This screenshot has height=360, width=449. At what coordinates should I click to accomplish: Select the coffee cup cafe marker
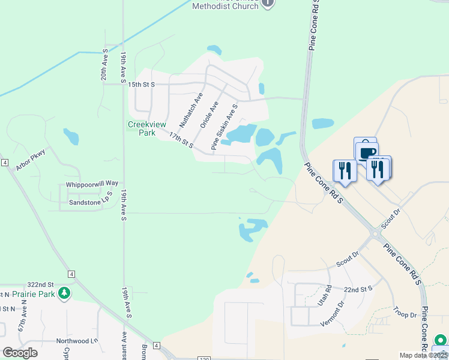[367, 152]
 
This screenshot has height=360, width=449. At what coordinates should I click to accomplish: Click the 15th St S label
[142, 85]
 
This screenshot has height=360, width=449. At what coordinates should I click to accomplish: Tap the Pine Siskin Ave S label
[224, 127]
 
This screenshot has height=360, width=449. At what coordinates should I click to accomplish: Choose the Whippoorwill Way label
[92, 183]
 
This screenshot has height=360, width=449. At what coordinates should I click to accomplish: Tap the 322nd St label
[40, 284]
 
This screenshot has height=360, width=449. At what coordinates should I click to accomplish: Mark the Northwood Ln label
[77, 341]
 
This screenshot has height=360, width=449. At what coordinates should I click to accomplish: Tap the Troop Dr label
[405, 314]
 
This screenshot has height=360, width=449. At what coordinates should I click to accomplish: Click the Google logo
[20, 353]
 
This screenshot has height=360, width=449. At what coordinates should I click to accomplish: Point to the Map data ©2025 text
[423, 355]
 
